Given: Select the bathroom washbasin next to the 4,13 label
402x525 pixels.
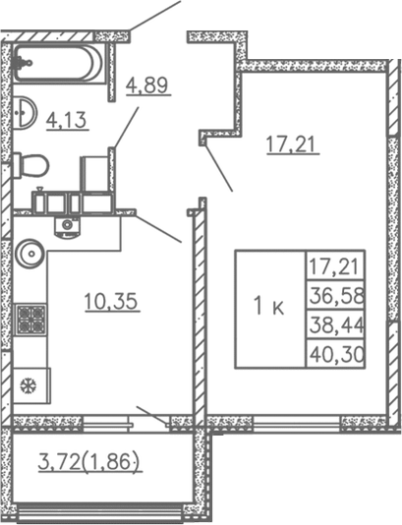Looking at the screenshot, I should point(25,109).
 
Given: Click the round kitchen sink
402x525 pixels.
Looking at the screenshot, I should point(29,256).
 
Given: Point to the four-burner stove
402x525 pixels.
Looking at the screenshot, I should point(31,320).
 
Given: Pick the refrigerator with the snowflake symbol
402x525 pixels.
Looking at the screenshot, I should point(31,383).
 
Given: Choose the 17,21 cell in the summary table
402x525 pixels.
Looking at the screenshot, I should point(335,265).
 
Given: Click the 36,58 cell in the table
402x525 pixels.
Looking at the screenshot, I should point(335,295).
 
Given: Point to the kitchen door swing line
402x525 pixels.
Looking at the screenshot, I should point(158,228).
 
